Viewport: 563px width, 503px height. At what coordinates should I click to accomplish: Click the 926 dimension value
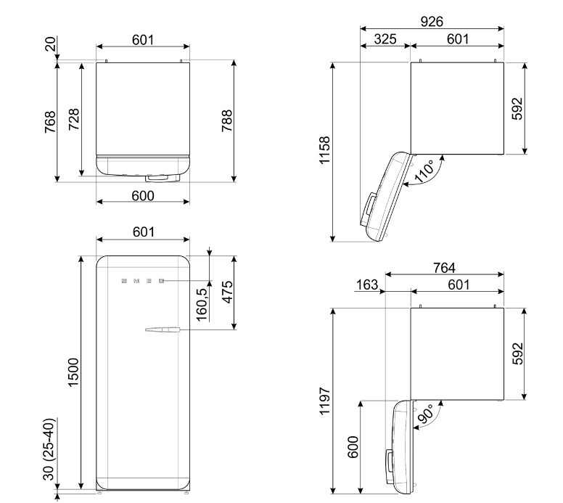pyautogui.click(x=432, y=22)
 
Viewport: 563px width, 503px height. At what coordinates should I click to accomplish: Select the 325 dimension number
pyautogui.click(x=385, y=39)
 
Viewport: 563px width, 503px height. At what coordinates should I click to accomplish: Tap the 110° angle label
pyautogui.click(x=424, y=171)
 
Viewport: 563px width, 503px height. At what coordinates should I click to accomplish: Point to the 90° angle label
pyautogui.click(x=426, y=414)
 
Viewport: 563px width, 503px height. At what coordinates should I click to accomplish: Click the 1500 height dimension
pyautogui.click(x=73, y=372)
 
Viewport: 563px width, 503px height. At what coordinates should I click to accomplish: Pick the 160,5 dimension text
pyautogui.click(x=202, y=305)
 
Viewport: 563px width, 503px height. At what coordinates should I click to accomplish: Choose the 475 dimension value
pyautogui.click(x=227, y=293)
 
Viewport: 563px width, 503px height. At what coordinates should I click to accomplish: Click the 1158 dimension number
pyautogui.click(x=324, y=150)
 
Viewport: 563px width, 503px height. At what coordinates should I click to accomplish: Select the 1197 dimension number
pyautogui.click(x=324, y=401)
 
